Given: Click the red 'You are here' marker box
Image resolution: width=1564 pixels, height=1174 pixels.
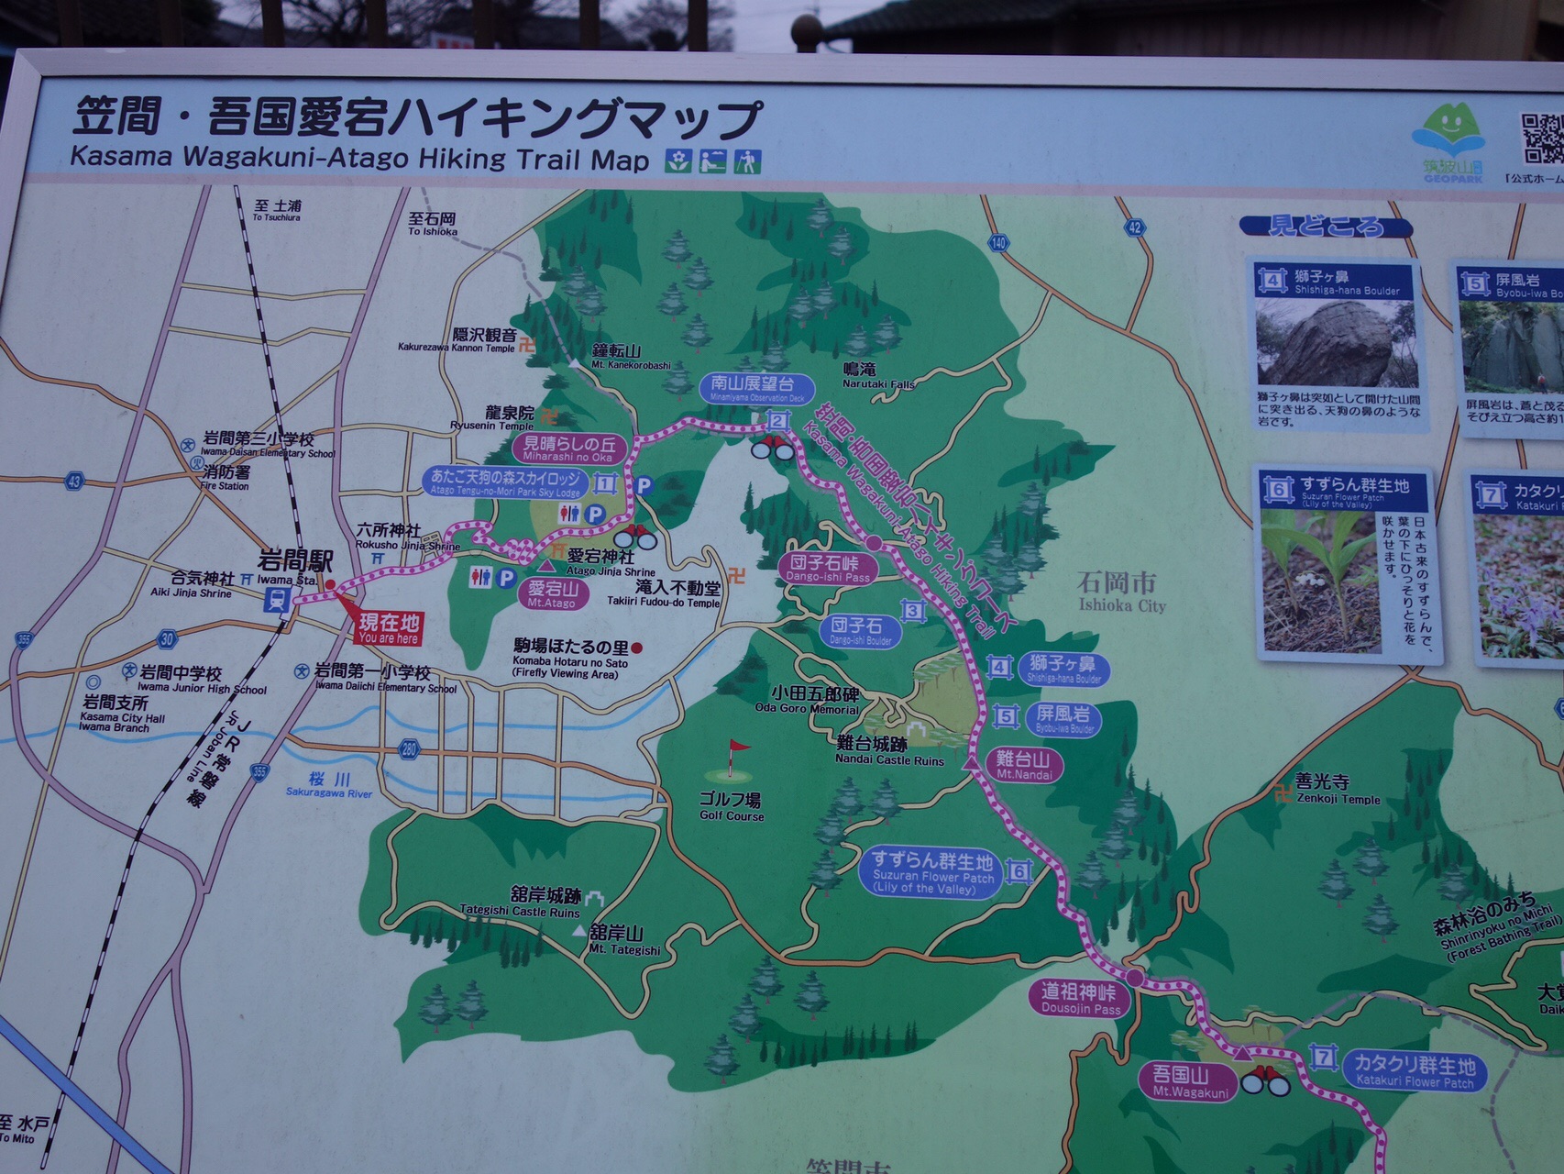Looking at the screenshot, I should click(389, 629).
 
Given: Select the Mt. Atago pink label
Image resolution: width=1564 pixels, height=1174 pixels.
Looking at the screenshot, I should click(552, 594).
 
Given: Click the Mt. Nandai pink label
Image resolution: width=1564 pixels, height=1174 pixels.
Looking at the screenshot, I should click(1024, 764).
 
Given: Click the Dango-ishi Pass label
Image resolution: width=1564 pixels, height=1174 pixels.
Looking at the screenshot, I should click(828, 568).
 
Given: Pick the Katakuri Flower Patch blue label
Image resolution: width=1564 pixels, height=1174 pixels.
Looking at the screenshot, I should click(1415, 1070).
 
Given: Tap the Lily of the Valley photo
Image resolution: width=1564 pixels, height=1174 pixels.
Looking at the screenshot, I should click(1319, 581).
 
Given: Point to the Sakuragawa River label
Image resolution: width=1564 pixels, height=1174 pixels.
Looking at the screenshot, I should click(329, 785).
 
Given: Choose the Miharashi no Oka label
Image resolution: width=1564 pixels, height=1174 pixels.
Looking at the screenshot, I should click(567, 449).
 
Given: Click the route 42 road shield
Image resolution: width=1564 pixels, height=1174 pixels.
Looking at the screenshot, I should click(1135, 227).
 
